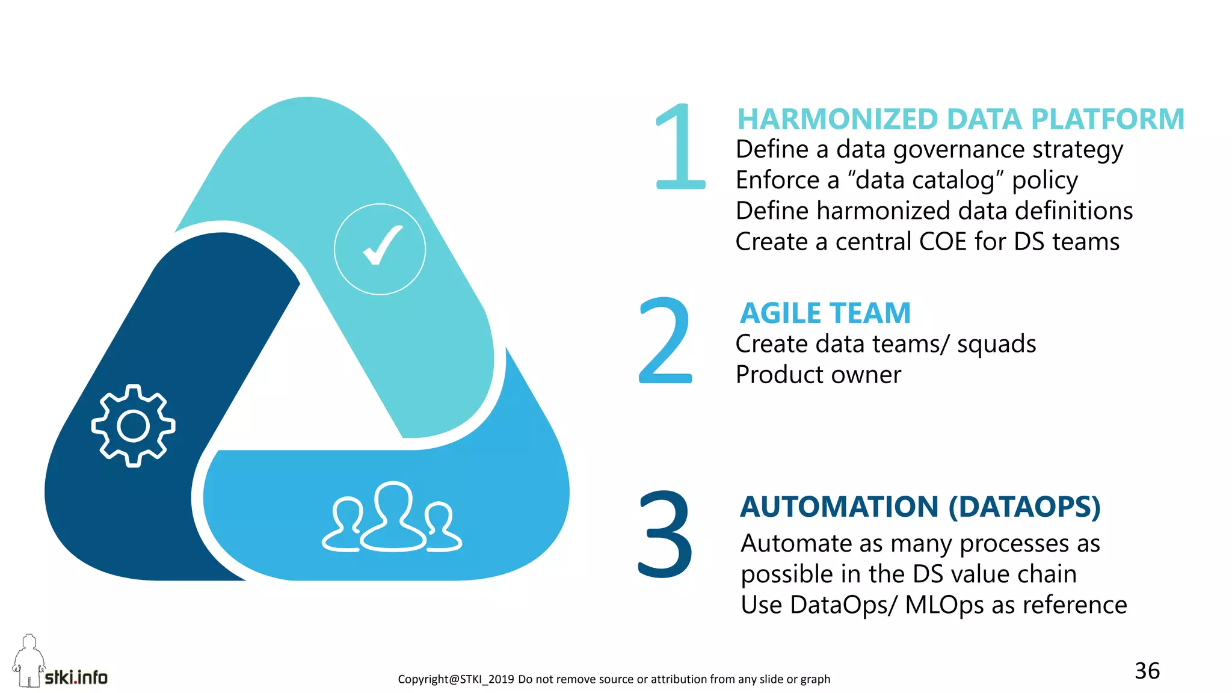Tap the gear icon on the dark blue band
(x=133, y=426)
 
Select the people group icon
(x=392, y=518)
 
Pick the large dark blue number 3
(x=665, y=534)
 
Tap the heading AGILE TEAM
(x=825, y=313)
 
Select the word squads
(x=996, y=344)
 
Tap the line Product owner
(x=818, y=375)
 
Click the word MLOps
(x=944, y=605)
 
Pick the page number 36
(x=1147, y=671)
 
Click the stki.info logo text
(x=76, y=678)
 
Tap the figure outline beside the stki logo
(x=28, y=661)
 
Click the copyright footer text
(x=614, y=679)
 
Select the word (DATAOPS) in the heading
(x=1024, y=507)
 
